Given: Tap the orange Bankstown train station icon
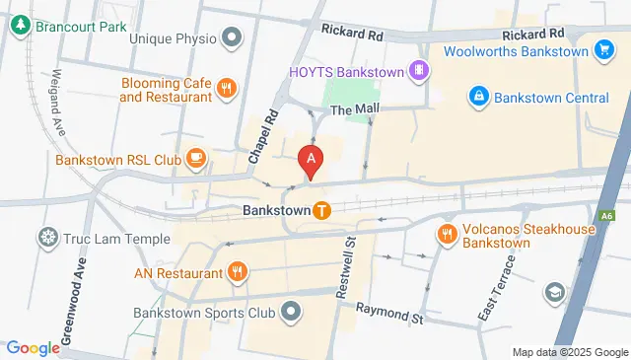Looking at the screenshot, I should (321, 209).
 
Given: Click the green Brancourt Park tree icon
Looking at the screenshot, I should (19, 26).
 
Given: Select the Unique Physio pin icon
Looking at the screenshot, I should (232, 38).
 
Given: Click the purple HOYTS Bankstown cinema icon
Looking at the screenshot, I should (420, 71).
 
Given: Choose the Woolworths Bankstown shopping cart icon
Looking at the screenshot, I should (604, 51).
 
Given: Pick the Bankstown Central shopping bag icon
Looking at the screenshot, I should (478, 97).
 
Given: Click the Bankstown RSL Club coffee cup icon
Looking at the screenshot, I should (195, 157).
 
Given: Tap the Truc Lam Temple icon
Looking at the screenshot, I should (45, 237).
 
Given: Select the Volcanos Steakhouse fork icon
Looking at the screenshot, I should (446, 234).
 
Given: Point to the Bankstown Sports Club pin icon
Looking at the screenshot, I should (291, 314).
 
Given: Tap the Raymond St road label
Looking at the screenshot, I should (388, 314).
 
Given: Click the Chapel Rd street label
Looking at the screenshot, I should (259, 137).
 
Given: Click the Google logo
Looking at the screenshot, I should (34, 347).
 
